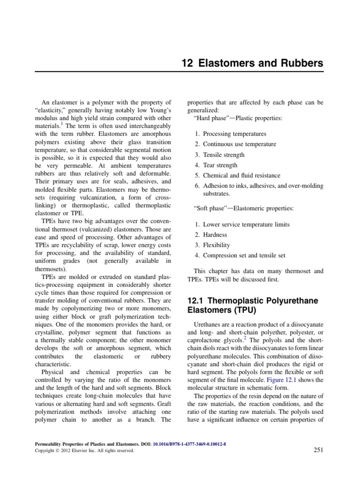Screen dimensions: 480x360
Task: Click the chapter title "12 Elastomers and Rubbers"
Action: point(252,63)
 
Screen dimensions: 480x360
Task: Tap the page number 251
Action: point(318,450)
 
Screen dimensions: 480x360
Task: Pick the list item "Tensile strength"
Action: point(224,155)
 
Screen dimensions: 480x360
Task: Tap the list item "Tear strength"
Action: point(220,165)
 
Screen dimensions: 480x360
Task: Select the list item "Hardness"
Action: point(215,235)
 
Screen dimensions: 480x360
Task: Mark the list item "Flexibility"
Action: point(217,245)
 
